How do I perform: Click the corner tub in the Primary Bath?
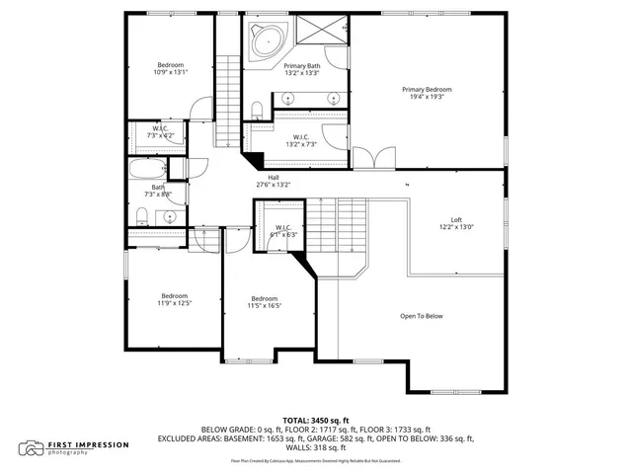[x=266, y=42]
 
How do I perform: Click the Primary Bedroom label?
[x=426, y=92]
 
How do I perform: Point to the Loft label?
[x=456, y=222]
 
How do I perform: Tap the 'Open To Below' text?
[x=421, y=316]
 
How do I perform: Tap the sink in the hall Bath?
[x=170, y=215]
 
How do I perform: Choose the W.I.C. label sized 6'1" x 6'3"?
[x=285, y=231]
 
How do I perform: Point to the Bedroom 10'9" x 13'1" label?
[x=170, y=69]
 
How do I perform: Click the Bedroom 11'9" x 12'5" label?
[x=175, y=299]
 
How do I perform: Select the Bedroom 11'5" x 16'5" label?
[x=264, y=302]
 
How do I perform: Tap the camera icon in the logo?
[x=35, y=447]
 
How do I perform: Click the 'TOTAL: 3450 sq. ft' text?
[x=315, y=420]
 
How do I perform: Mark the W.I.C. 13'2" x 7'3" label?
[x=300, y=141]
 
